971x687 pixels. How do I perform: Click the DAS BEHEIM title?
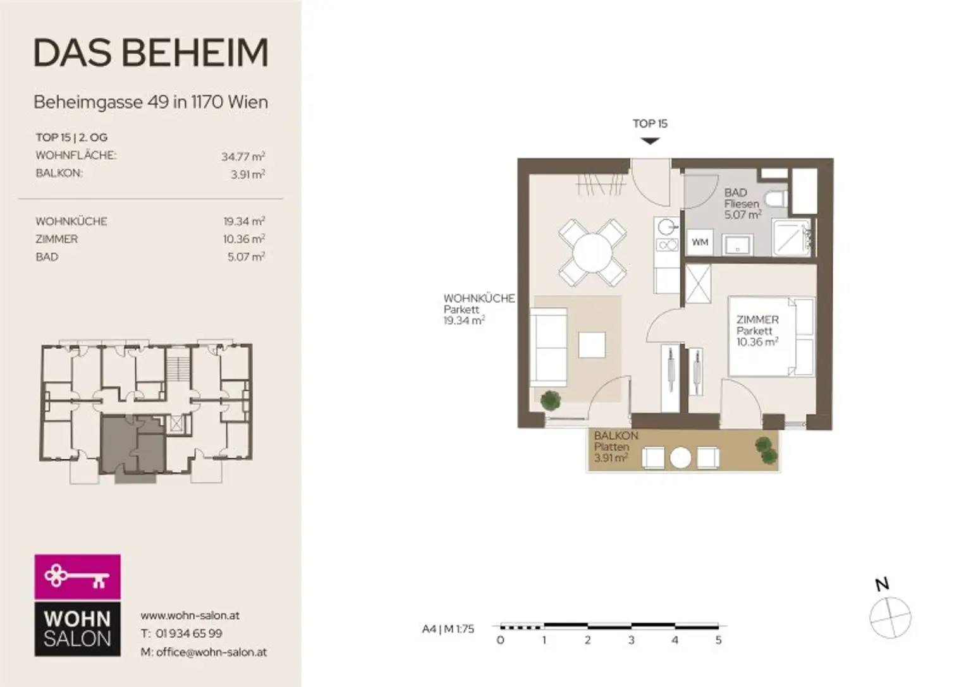[151, 53]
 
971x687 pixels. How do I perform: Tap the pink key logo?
[78, 577]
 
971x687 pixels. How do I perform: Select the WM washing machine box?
[700, 242]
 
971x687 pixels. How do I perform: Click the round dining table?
[592, 253]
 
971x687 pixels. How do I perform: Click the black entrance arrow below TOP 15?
[650, 141]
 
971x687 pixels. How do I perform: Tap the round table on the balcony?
[680, 458]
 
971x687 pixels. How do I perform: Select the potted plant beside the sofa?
[551, 400]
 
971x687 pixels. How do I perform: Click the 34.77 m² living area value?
[243, 156]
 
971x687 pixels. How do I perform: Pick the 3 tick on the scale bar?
[631, 640]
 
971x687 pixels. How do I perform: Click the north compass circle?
[890, 617]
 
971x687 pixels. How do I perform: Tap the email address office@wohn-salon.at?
[212, 652]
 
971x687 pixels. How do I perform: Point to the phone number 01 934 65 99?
[189, 633]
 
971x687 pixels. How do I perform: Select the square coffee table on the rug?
[592, 344]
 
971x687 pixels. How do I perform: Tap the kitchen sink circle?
[666, 227]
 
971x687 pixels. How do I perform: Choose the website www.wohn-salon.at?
[190, 616]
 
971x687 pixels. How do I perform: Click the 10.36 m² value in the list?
[244, 239]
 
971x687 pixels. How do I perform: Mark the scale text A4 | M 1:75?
[448, 629]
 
